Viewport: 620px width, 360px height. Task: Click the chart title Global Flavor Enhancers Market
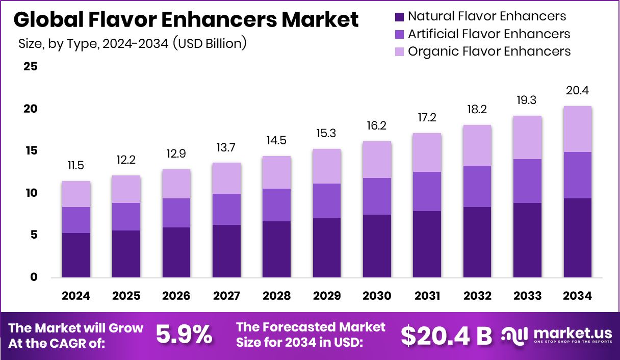[186, 20]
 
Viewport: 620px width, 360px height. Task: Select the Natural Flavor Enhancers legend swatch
[399, 17]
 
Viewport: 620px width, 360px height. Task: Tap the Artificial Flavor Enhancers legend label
[488, 34]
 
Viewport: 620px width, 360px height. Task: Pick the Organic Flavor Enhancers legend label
[489, 52]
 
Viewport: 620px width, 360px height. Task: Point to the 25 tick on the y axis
[31, 67]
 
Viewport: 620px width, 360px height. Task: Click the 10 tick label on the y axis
[31, 193]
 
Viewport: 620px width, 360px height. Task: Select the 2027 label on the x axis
[226, 296]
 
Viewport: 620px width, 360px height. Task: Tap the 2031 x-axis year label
[427, 296]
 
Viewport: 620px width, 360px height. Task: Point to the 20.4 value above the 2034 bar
[577, 91]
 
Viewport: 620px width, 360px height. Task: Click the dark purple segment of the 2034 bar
[577, 238]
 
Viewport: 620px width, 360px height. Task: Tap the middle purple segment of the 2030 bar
[377, 196]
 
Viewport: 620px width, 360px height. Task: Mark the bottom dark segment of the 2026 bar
[176, 252]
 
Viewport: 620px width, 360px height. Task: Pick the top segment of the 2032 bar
[477, 145]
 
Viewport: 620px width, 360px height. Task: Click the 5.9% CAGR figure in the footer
[184, 335]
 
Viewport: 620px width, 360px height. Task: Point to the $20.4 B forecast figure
[446, 335]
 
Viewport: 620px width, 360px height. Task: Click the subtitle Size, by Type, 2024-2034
[133, 44]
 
